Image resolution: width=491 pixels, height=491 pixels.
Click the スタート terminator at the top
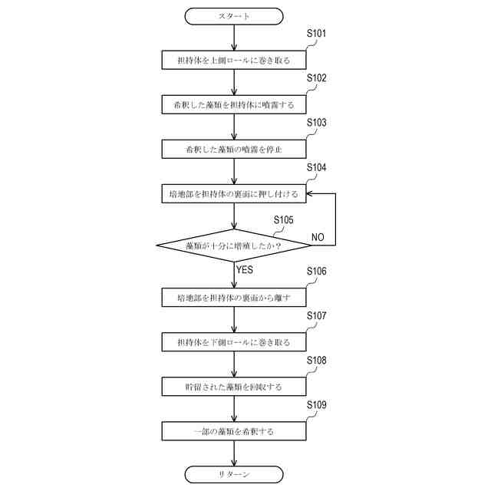(x=234, y=15)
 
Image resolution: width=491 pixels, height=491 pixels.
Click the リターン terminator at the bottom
(x=234, y=475)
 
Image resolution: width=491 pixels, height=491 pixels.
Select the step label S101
(x=316, y=34)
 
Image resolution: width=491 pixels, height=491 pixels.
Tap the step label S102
(x=316, y=78)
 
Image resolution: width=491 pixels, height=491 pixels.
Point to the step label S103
(x=316, y=123)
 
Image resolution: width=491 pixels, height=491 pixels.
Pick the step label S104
(x=316, y=167)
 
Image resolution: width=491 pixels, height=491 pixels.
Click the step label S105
(x=283, y=219)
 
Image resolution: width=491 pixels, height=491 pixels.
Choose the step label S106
(x=316, y=272)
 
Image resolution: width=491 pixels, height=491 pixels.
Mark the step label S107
(x=316, y=316)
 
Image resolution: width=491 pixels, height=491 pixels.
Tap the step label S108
(x=316, y=360)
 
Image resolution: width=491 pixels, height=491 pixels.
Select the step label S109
(x=316, y=404)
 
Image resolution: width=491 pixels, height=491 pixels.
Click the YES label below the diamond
(x=245, y=270)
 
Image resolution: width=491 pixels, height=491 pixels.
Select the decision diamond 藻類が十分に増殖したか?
(x=234, y=245)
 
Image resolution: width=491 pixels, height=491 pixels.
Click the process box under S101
(x=234, y=59)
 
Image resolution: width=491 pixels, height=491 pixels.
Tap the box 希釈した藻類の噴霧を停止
(x=234, y=148)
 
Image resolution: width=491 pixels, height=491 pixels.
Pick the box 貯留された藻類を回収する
(x=234, y=387)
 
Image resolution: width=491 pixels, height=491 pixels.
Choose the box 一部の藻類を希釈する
(x=234, y=431)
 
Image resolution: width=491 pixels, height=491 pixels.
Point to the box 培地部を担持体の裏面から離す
(x=234, y=297)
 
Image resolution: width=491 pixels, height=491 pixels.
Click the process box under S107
(x=234, y=341)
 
